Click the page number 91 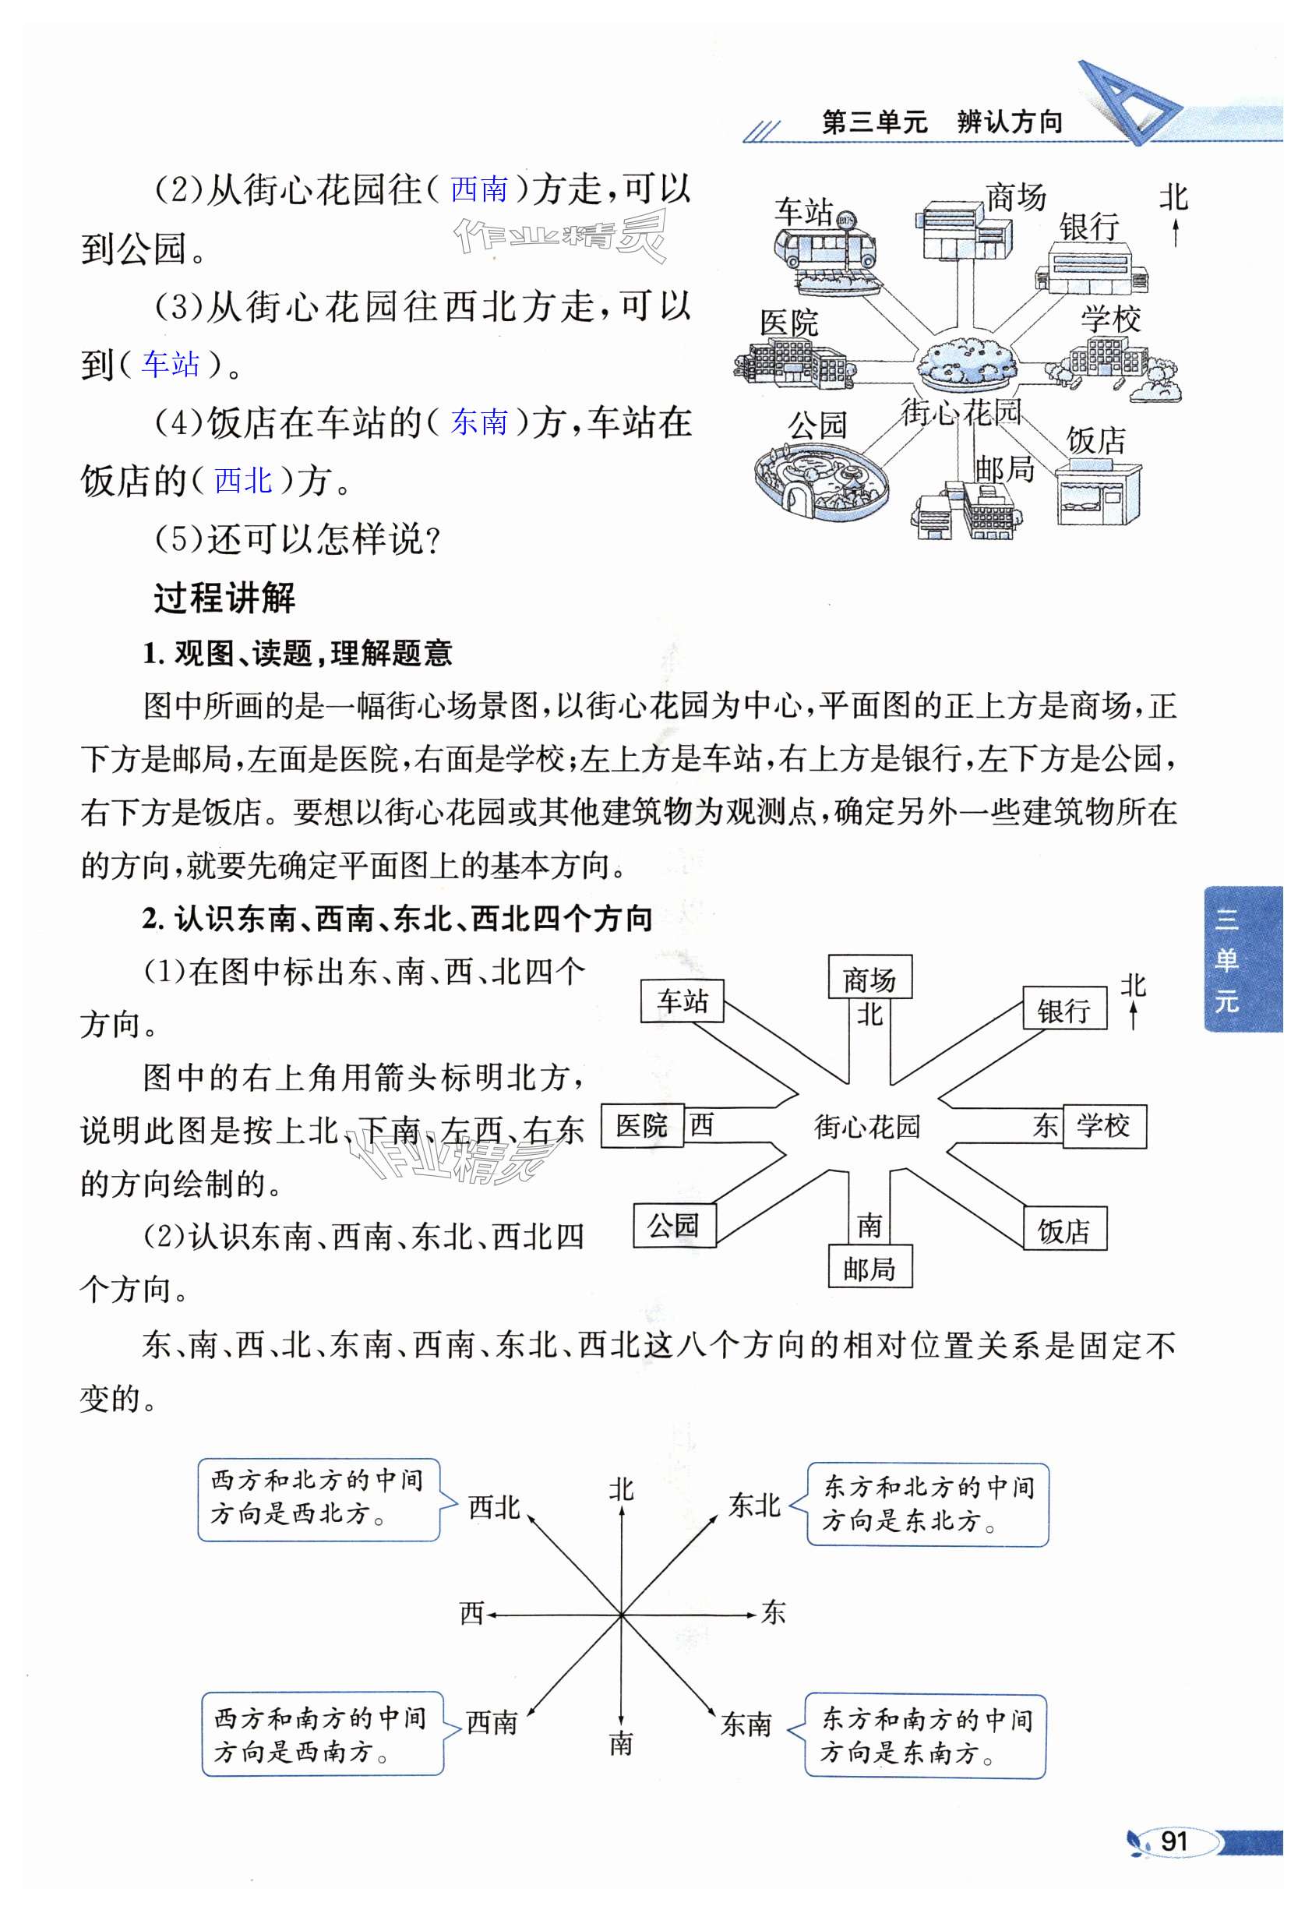(x=1173, y=1841)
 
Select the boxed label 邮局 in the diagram (x=869, y=1269)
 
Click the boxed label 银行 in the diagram (x=1063, y=1010)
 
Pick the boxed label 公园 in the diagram (x=674, y=1225)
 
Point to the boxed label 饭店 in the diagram (x=1064, y=1230)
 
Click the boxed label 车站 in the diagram (x=681, y=1001)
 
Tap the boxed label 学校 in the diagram (x=1104, y=1125)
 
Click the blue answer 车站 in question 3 (x=170, y=363)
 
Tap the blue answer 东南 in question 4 (x=479, y=422)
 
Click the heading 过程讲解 (x=224, y=598)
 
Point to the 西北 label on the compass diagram (x=493, y=1507)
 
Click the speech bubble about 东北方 (x=927, y=1504)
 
